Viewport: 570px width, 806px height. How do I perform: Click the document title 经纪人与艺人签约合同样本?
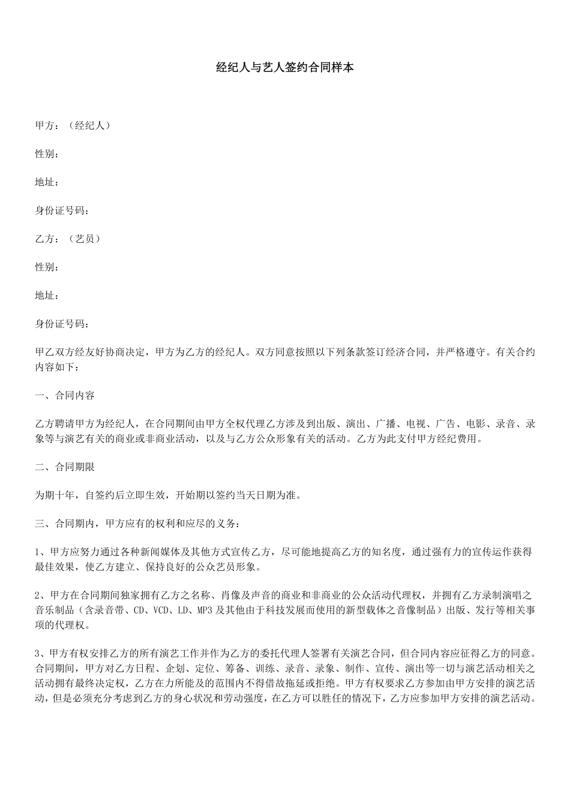point(284,67)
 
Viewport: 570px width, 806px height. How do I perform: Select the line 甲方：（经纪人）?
point(73,125)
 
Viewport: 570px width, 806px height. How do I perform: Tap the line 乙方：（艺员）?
point(68,239)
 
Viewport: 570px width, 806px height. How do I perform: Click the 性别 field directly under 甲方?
point(47,154)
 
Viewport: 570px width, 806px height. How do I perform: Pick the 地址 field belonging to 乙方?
point(47,296)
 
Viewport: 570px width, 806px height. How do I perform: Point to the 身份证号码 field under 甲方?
point(62,210)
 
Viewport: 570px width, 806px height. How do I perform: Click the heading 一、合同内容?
point(65,396)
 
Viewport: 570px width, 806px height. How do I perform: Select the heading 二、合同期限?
point(65,467)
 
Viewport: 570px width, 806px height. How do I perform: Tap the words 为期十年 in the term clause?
point(55,495)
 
